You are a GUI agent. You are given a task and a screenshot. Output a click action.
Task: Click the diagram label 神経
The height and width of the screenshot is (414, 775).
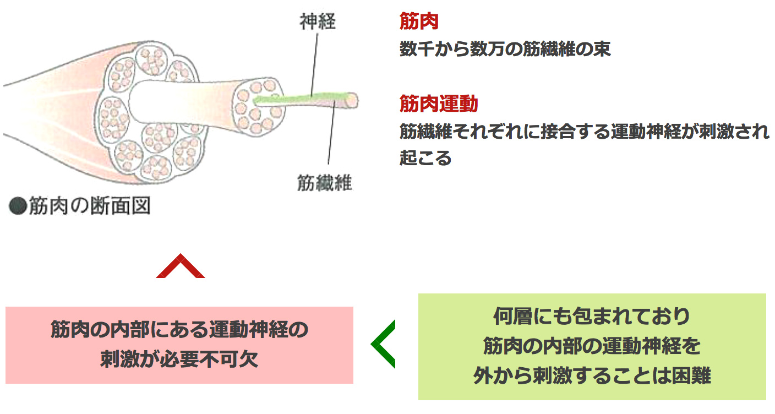point(318,22)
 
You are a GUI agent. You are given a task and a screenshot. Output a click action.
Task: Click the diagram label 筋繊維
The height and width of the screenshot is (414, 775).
point(324,182)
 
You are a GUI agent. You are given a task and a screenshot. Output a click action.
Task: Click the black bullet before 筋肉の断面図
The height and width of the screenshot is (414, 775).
point(18,207)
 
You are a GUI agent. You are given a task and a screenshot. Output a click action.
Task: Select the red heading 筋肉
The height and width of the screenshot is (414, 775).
point(419,21)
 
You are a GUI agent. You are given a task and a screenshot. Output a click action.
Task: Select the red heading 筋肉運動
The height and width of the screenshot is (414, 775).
point(439,103)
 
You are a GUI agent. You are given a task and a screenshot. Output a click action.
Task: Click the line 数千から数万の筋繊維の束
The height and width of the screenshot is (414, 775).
point(505,49)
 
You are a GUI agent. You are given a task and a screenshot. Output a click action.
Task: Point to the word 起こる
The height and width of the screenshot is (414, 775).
point(425,158)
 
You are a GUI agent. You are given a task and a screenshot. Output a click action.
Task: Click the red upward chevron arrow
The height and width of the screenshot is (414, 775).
point(181,266)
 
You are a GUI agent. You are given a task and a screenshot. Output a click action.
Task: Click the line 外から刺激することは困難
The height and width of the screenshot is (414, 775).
point(592,375)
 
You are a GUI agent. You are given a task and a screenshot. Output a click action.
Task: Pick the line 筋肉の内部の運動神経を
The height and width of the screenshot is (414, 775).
point(592,346)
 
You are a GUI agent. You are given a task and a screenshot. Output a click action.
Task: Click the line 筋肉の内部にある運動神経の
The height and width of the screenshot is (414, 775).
point(179,330)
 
